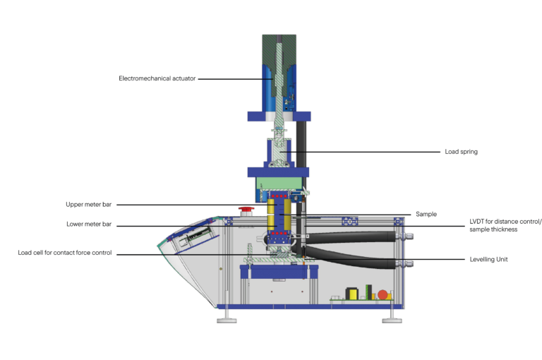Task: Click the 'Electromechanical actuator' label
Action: coord(157,78)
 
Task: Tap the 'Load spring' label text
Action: coord(461,152)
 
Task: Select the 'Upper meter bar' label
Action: coord(88,205)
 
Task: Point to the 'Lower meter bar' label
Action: coord(89,224)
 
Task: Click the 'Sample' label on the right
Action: coord(426,214)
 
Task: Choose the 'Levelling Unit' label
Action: coord(488,259)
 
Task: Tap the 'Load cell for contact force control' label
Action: coord(65,253)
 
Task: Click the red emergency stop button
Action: coord(246,210)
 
